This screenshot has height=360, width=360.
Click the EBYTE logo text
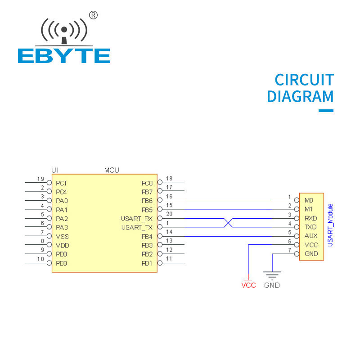point(64,55)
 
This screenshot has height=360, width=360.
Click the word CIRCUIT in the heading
point(304,80)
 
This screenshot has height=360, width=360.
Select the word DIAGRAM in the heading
point(300,97)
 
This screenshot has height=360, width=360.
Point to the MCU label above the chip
point(112,170)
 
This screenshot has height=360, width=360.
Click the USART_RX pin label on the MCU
point(137,219)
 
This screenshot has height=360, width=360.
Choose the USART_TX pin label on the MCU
point(137,228)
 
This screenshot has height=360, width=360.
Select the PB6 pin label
point(147,201)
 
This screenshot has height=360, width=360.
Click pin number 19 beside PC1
point(40,179)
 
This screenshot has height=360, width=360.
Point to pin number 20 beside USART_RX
point(169,214)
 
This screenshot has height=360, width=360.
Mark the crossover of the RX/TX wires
point(228,223)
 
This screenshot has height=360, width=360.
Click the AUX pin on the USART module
point(311,236)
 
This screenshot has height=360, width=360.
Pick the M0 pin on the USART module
point(309,200)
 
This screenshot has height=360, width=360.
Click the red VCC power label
point(248,285)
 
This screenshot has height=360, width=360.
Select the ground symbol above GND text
point(272,274)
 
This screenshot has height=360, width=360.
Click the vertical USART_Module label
point(330,225)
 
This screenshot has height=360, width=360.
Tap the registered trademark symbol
point(93,15)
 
